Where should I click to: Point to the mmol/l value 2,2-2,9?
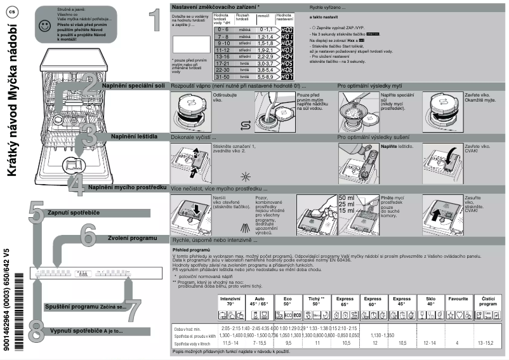[264, 56]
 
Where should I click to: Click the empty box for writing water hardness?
[190, 44]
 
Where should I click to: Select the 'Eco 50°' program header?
[288, 301]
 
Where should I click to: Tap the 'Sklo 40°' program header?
[430, 301]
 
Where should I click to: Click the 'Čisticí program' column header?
[489, 301]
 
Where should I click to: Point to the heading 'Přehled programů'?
[191, 250]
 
